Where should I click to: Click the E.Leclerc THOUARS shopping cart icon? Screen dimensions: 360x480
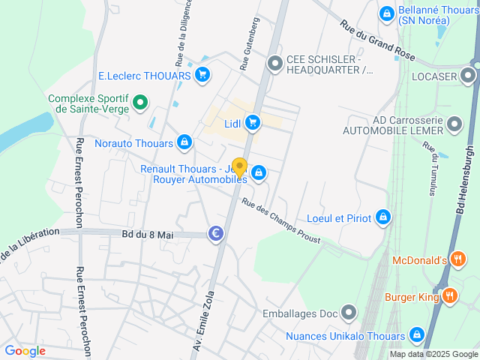(202, 74)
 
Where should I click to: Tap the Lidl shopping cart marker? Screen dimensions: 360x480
(253, 121)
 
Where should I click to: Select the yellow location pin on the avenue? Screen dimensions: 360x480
(239, 166)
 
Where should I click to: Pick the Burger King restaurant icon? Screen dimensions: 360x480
(450, 295)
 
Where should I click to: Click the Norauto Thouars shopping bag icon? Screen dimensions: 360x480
(184, 142)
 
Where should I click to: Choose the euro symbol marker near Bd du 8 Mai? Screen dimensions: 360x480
(216, 235)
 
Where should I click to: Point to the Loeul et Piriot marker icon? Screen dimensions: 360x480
(383, 217)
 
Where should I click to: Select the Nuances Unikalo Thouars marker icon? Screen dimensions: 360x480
(418, 334)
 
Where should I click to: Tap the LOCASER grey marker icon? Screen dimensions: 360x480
(469, 75)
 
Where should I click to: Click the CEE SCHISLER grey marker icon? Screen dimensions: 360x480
(275, 64)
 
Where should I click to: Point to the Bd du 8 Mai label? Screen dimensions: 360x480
(147, 235)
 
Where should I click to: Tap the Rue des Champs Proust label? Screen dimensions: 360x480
(280, 221)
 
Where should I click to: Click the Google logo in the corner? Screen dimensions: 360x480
(25, 350)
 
